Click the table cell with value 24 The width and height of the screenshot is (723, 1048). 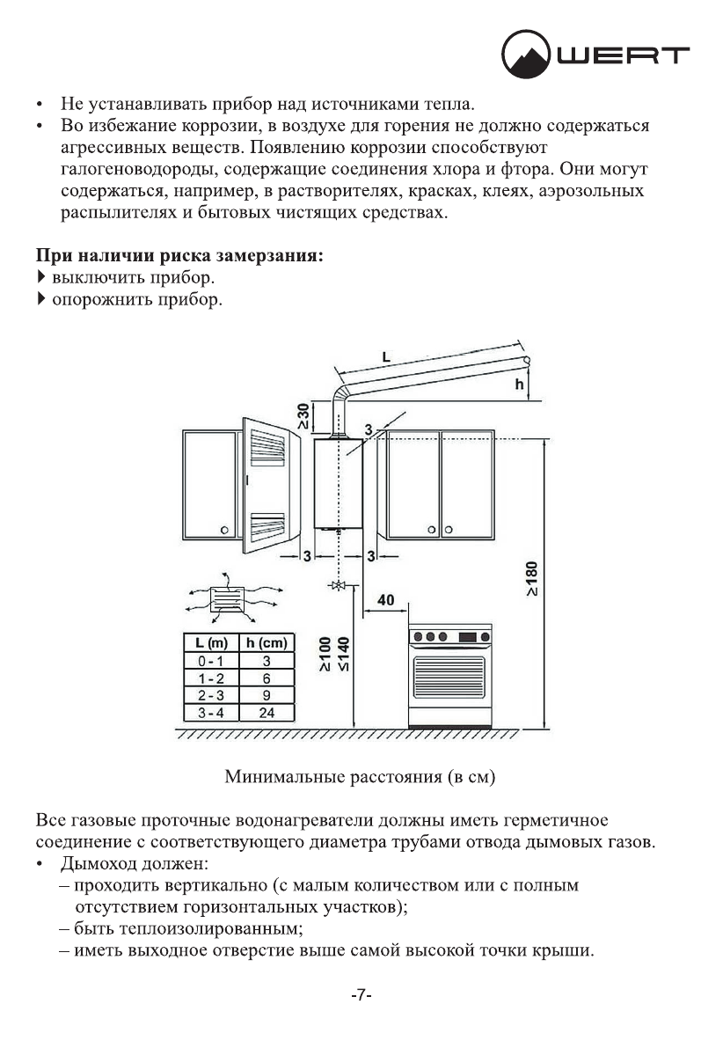(x=267, y=713)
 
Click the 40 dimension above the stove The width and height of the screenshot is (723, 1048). (x=385, y=599)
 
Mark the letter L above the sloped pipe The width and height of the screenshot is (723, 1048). (x=388, y=356)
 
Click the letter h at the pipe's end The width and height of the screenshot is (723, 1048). (x=518, y=384)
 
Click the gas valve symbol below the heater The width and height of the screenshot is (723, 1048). (x=338, y=585)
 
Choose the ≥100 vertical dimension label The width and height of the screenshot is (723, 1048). (x=326, y=655)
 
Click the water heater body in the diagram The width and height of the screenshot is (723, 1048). (x=339, y=484)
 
